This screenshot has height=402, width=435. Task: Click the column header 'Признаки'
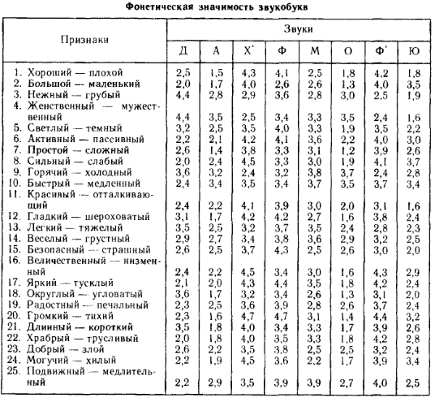85,39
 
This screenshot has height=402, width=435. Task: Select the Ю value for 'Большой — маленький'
414,84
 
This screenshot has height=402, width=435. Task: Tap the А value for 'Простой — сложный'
215,150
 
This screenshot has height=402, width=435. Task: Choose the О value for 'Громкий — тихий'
348,316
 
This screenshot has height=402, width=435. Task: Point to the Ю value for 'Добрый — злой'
414,349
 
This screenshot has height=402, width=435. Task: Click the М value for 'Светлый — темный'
315,128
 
